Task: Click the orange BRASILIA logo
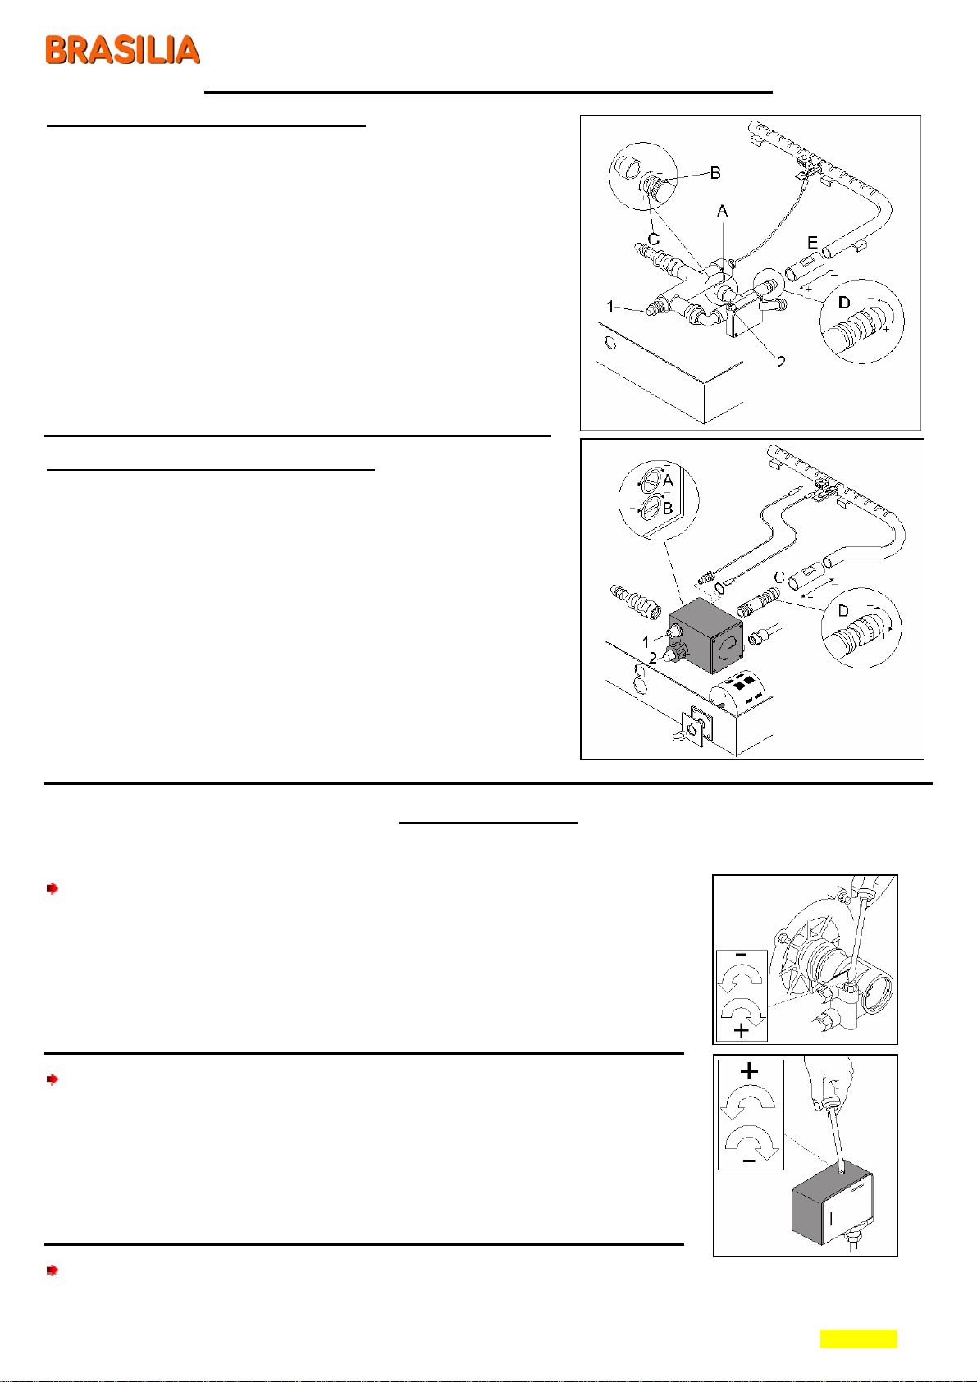click(x=123, y=50)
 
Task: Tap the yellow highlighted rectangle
click(x=859, y=1339)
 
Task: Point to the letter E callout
click(x=812, y=243)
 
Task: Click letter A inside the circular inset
click(x=667, y=480)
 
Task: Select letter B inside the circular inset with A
click(x=667, y=509)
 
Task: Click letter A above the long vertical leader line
click(x=722, y=211)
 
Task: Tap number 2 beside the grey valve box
click(x=653, y=659)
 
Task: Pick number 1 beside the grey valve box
click(x=646, y=641)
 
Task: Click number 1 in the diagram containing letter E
click(x=610, y=306)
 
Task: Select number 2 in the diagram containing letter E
click(x=781, y=363)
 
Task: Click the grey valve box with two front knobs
click(x=707, y=636)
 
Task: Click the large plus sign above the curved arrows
click(x=749, y=1070)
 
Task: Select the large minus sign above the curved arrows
click(x=742, y=956)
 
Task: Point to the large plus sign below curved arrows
click(x=742, y=1029)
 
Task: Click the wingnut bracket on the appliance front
click(x=693, y=726)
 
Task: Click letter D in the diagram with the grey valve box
click(x=843, y=611)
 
